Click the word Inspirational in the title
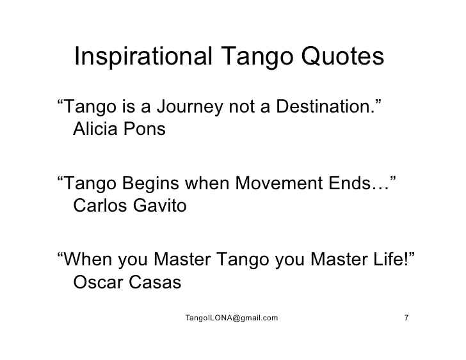(x=143, y=56)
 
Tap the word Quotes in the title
(x=342, y=56)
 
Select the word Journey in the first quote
(x=189, y=107)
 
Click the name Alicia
(x=95, y=129)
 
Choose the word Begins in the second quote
(x=150, y=184)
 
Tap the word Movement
(x=279, y=183)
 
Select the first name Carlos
(x=100, y=205)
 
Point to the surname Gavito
(x=159, y=205)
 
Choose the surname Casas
(x=155, y=282)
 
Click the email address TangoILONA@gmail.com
(x=232, y=318)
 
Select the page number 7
(x=406, y=318)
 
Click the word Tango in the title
(x=257, y=57)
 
